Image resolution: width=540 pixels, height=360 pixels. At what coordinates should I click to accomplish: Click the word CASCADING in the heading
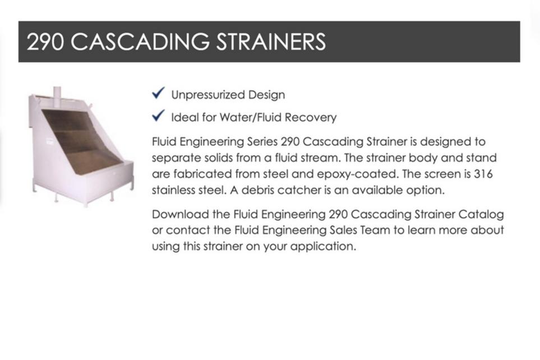[x=140, y=41]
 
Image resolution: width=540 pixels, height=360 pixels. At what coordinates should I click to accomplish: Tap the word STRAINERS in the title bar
[x=271, y=41]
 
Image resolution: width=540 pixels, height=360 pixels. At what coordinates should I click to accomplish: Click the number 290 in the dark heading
[x=45, y=41]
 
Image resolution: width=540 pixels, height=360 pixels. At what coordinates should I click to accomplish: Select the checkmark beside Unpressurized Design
[x=159, y=93]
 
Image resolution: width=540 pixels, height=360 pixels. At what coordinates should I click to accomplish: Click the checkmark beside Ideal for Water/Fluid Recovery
[x=159, y=116]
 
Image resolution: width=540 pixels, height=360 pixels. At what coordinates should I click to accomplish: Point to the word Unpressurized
[x=208, y=95]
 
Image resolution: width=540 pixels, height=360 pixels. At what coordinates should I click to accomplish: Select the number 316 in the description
[x=483, y=174]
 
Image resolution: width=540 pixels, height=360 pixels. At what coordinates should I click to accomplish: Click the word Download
[x=181, y=214]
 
